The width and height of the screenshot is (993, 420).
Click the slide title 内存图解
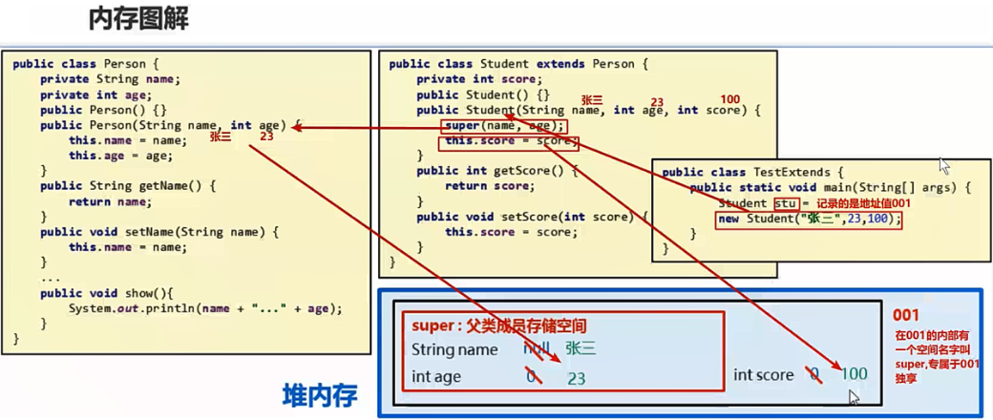tap(138, 18)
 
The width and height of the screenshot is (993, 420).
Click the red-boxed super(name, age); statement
tap(504, 126)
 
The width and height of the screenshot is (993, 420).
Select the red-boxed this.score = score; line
tap(508, 142)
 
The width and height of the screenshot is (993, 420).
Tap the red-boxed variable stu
tap(786, 204)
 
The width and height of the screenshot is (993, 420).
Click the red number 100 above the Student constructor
tap(729, 100)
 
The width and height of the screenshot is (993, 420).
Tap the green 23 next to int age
tap(576, 378)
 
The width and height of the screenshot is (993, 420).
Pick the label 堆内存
tap(320, 394)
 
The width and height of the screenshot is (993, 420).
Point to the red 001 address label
tap(906, 315)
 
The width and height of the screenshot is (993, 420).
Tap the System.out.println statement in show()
tap(204, 308)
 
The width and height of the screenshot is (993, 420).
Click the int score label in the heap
tap(763, 375)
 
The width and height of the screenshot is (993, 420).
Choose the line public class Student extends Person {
tap(518, 64)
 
